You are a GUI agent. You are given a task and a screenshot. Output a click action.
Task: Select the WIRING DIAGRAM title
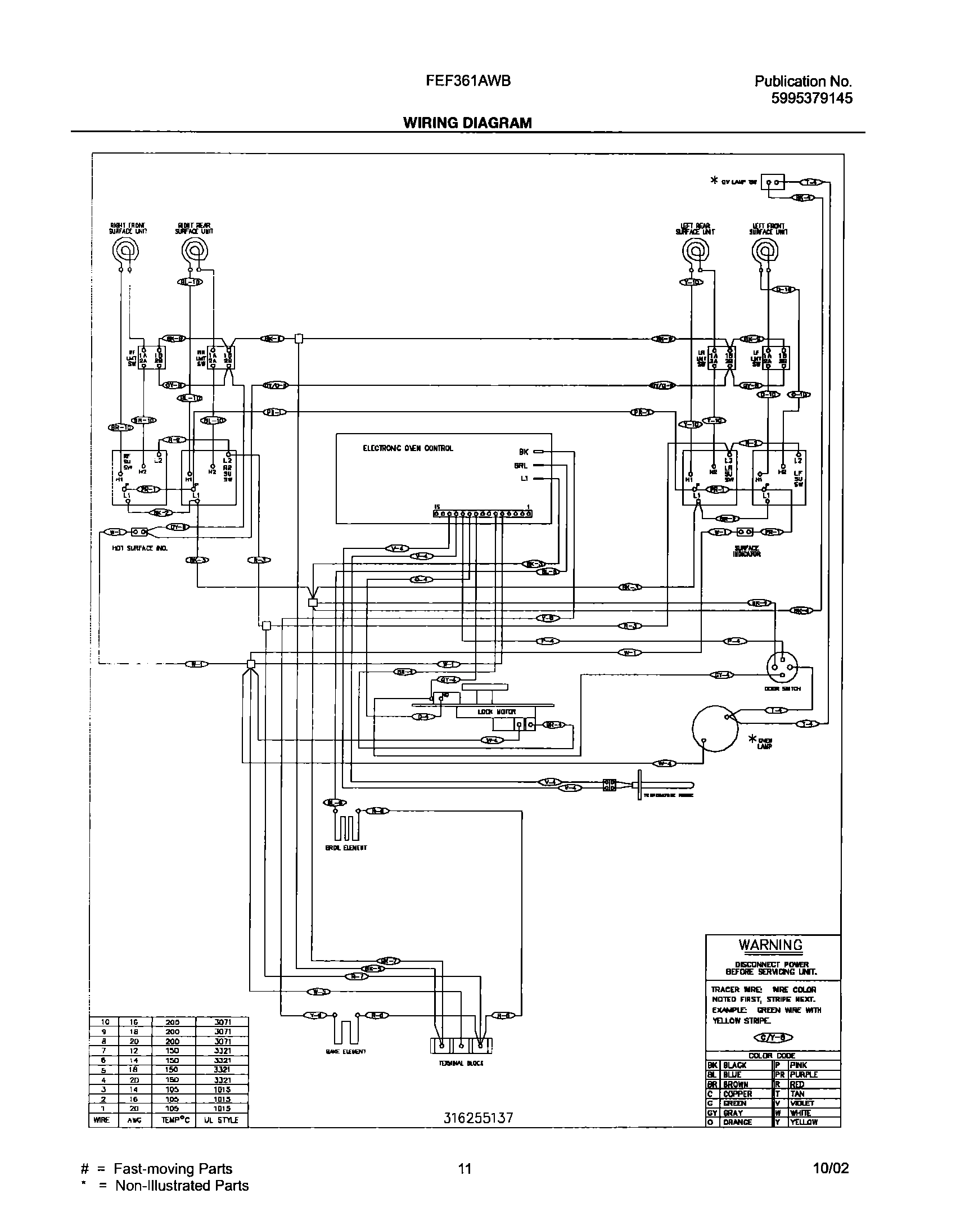tap(467, 123)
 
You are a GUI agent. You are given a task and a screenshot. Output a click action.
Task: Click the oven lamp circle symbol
tap(714, 728)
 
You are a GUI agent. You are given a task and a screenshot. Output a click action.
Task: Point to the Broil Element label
tap(346, 848)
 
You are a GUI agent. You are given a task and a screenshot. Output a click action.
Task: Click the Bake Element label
tap(346, 1052)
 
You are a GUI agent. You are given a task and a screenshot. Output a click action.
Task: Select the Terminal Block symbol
tap(461, 1046)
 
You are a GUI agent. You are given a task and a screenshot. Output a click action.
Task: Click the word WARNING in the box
tap(770, 945)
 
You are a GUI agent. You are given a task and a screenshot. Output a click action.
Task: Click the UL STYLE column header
tap(222, 1120)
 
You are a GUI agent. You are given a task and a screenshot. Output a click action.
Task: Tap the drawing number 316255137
tap(478, 1119)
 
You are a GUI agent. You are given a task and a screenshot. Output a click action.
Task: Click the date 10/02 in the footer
tap(831, 1169)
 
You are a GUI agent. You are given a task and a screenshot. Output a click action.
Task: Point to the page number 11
tap(465, 1169)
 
